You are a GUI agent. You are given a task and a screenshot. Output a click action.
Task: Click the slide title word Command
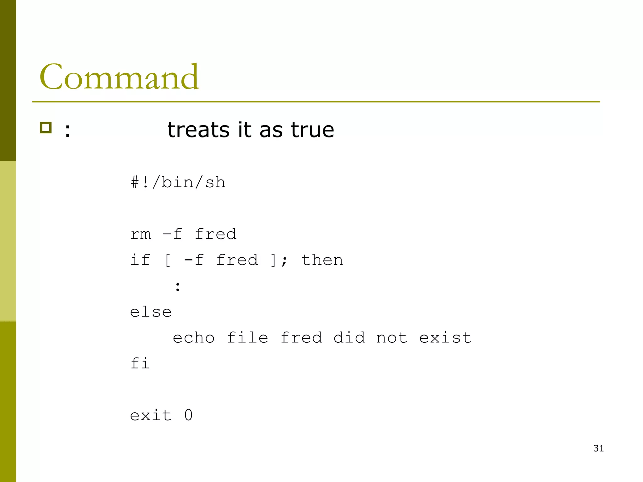point(119,77)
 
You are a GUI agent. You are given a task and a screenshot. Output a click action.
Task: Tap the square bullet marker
point(46,128)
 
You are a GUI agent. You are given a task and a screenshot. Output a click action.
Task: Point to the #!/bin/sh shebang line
point(178,182)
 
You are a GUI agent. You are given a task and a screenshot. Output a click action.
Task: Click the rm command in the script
point(140,234)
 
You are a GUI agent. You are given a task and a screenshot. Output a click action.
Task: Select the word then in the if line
point(322,260)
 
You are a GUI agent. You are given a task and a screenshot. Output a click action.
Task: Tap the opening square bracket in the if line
point(168,260)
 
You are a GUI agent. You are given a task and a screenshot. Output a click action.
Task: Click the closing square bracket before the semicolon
point(273,260)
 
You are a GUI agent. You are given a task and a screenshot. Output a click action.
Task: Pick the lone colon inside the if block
point(178,286)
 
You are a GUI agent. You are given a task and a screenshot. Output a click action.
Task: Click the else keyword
point(151,312)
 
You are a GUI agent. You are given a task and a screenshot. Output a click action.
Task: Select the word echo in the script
point(194,338)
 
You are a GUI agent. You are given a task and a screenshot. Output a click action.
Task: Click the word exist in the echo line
point(445,338)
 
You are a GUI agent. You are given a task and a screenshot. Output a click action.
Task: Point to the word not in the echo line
point(392,338)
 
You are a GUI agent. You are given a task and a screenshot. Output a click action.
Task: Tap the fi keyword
point(140,364)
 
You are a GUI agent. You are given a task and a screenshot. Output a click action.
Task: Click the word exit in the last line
point(151,415)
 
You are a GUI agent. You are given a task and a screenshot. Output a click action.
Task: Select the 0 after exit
point(188,415)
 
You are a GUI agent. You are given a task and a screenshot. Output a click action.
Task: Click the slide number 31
point(598,448)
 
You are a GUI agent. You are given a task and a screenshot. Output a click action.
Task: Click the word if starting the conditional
point(140,260)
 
